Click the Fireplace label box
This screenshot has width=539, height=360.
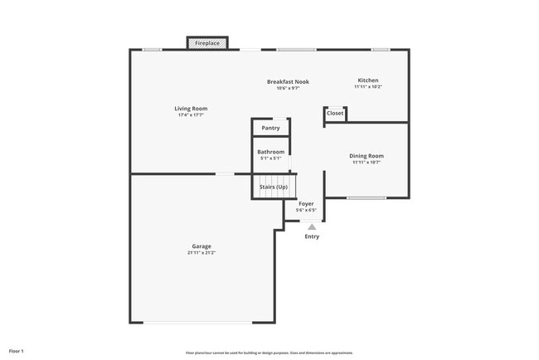pos(207,42)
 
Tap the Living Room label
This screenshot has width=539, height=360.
pos(191,109)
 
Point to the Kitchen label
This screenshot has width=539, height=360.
pos(367,80)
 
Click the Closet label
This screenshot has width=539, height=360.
pos(335,114)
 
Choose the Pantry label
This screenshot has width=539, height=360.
pos(270,128)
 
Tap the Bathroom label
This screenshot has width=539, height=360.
pos(270,152)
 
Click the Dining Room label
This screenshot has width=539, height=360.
pos(366,156)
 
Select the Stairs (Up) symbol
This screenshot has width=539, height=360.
pos(273,187)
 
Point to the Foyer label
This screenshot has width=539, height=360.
pos(306,203)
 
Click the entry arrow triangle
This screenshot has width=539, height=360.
pos(312,226)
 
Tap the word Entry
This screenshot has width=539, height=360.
pos(312,236)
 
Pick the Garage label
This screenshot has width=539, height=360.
pos(202,246)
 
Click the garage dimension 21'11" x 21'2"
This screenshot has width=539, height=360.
pos(202,253)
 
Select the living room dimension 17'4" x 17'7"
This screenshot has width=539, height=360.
pos(191,115)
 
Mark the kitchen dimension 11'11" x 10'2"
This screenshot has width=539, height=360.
pos(367,86)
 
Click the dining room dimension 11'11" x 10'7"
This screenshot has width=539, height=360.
pos(366,163)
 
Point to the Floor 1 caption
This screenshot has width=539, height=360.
pos(17,351)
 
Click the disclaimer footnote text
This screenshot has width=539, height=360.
pos(269,352)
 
